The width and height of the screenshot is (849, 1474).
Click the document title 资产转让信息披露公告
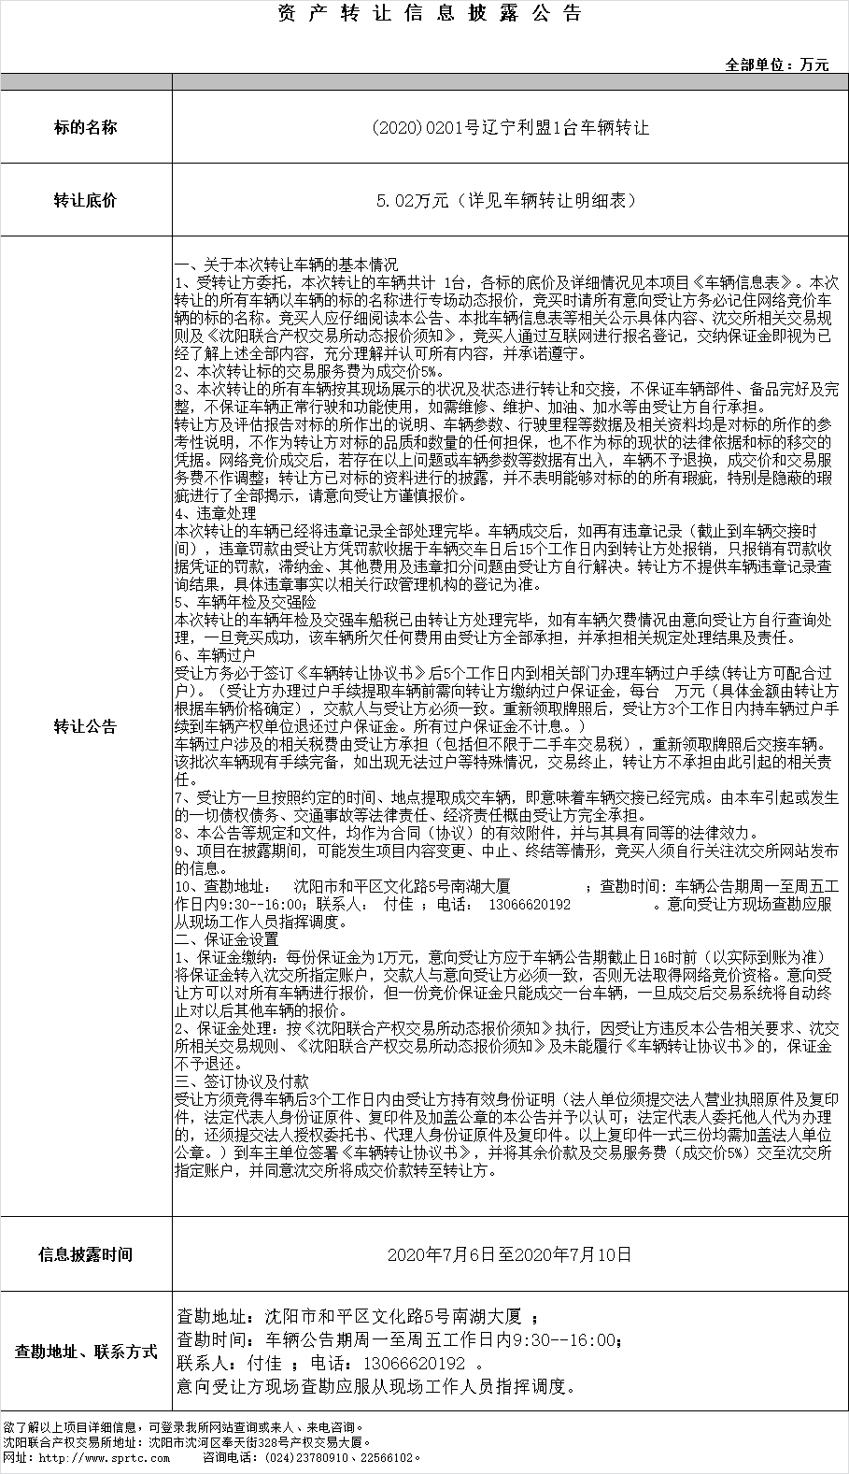[x=431, y=14]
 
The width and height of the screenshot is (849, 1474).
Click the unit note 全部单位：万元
[x=777, y=64]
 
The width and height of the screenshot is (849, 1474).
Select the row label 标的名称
[x=86, y=127]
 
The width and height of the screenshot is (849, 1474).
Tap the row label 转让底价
[x=86, y=200]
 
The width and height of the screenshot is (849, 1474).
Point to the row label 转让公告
[x=86, y=726]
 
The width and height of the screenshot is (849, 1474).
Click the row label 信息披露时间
[x=86, y=1254]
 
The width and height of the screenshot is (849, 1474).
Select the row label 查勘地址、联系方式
[x=86, y=1352]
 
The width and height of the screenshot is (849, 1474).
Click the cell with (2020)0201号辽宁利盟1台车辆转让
[x=510, y=127]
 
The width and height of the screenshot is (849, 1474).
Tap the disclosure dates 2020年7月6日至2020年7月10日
[x=510, y=1254]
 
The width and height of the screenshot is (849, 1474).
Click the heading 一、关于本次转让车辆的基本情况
[x=287, y=265]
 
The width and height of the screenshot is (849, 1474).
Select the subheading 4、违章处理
[x=216, y=513]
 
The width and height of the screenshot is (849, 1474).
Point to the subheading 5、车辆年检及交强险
[x=246, y=603]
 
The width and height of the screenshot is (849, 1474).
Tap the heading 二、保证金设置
[x=227, y=938]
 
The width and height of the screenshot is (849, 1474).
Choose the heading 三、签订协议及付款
[x=242, y=1080]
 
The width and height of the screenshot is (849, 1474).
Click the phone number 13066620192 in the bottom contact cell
[x=417, y=1364]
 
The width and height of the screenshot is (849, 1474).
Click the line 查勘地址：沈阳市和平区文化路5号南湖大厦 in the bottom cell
[x=349, y=1317]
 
